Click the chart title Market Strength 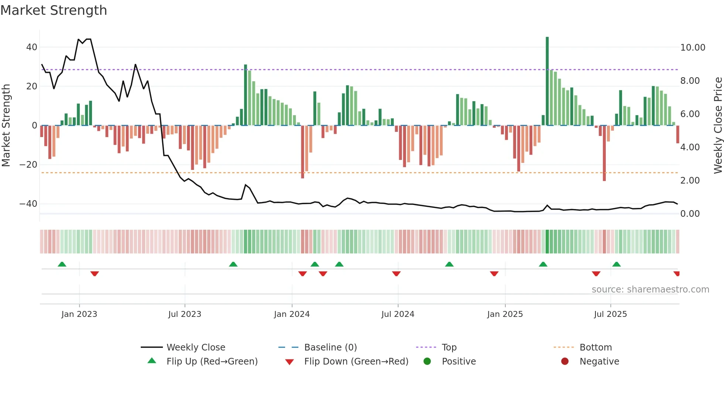click(x=54, y=10)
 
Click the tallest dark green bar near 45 click(x=547, y=81)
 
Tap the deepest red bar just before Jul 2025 click(x=604, y=153)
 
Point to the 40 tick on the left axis click(x=32, y=47)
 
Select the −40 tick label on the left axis click(x=28, y=204)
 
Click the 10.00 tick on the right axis click(x=693, y=48)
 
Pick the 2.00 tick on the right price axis click(x=690, y=181)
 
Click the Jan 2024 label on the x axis click(x=292, y=314)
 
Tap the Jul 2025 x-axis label click(x=610, y=314)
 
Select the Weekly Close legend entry click(x=195, y=348)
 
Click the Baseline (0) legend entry click(x=330, y=348)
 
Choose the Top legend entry click(x=449, y=348)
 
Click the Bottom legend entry click(x=595, y=348)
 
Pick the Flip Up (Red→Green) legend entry click(x=212, y=362)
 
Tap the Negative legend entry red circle click(x=565, y=362)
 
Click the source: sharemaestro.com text click(x=650, y=290)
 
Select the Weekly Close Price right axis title click(x=718, y=126)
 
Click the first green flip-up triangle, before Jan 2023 click(x=62, y=264)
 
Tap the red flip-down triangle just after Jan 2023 click(x=95, y=274)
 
